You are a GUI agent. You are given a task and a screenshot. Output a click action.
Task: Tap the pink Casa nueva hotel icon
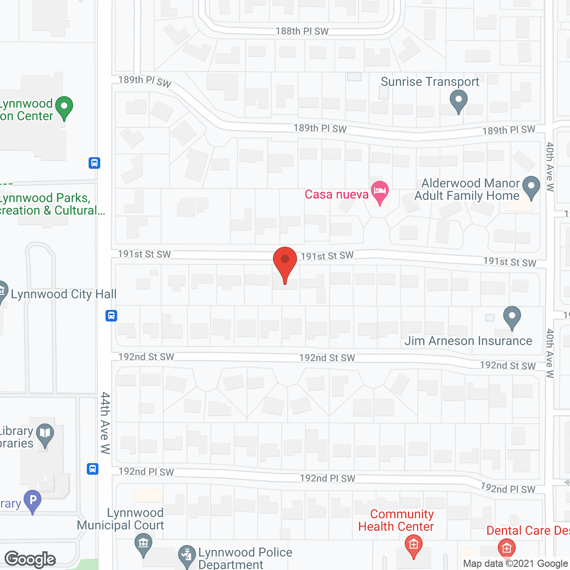tap(379, 192)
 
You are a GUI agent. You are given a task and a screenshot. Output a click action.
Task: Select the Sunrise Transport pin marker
tap(458, 101)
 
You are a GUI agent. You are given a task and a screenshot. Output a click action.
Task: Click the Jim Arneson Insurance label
tap(468, 341)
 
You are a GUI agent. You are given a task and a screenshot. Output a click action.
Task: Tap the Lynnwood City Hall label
tap(64, 294)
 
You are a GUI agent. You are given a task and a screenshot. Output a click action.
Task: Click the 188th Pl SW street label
tap(302, 31)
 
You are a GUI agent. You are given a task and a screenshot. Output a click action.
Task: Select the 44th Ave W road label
tap(105, 423)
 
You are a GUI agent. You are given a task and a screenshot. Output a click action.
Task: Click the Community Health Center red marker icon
tap(414, 546)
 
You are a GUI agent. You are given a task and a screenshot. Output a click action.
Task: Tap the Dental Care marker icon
tap(506, 548)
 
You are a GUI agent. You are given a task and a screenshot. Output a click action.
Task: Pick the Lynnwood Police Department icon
tap(187, 556)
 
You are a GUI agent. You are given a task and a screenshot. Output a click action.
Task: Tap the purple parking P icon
tap(33, 500)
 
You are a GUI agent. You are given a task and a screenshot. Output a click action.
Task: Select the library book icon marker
tap(45, 434)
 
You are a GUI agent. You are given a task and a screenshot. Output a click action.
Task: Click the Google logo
tap(30, 559)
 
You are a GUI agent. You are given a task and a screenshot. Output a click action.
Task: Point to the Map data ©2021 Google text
tap(516, 564)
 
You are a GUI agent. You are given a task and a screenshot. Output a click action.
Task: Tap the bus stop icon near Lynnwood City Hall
tap(111, 316)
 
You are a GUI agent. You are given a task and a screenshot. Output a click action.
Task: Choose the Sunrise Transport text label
tap(430, 82)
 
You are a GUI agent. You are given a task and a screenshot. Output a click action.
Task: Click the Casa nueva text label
tap(337, 195)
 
